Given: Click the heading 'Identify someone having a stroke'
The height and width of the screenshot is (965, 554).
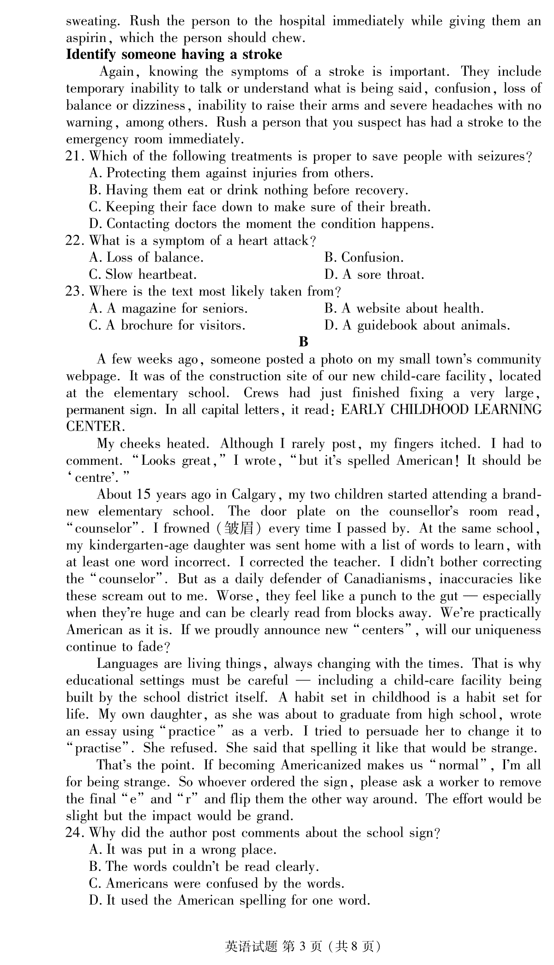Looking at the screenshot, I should tap(174, 54).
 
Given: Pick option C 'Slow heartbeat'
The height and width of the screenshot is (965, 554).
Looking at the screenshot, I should tap(143, 275).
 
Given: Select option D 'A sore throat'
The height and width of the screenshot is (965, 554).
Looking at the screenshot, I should tap(373, 275).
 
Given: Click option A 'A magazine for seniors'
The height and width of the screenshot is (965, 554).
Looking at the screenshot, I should tap(168, 308).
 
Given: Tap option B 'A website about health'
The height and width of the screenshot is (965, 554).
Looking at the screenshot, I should tap(404, 308).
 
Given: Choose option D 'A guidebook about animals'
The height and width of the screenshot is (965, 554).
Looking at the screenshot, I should tap(417, 325).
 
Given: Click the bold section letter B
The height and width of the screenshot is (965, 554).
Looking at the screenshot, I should tap(303, 342).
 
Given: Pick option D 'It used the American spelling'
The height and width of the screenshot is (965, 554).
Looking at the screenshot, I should tap(229, 900).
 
